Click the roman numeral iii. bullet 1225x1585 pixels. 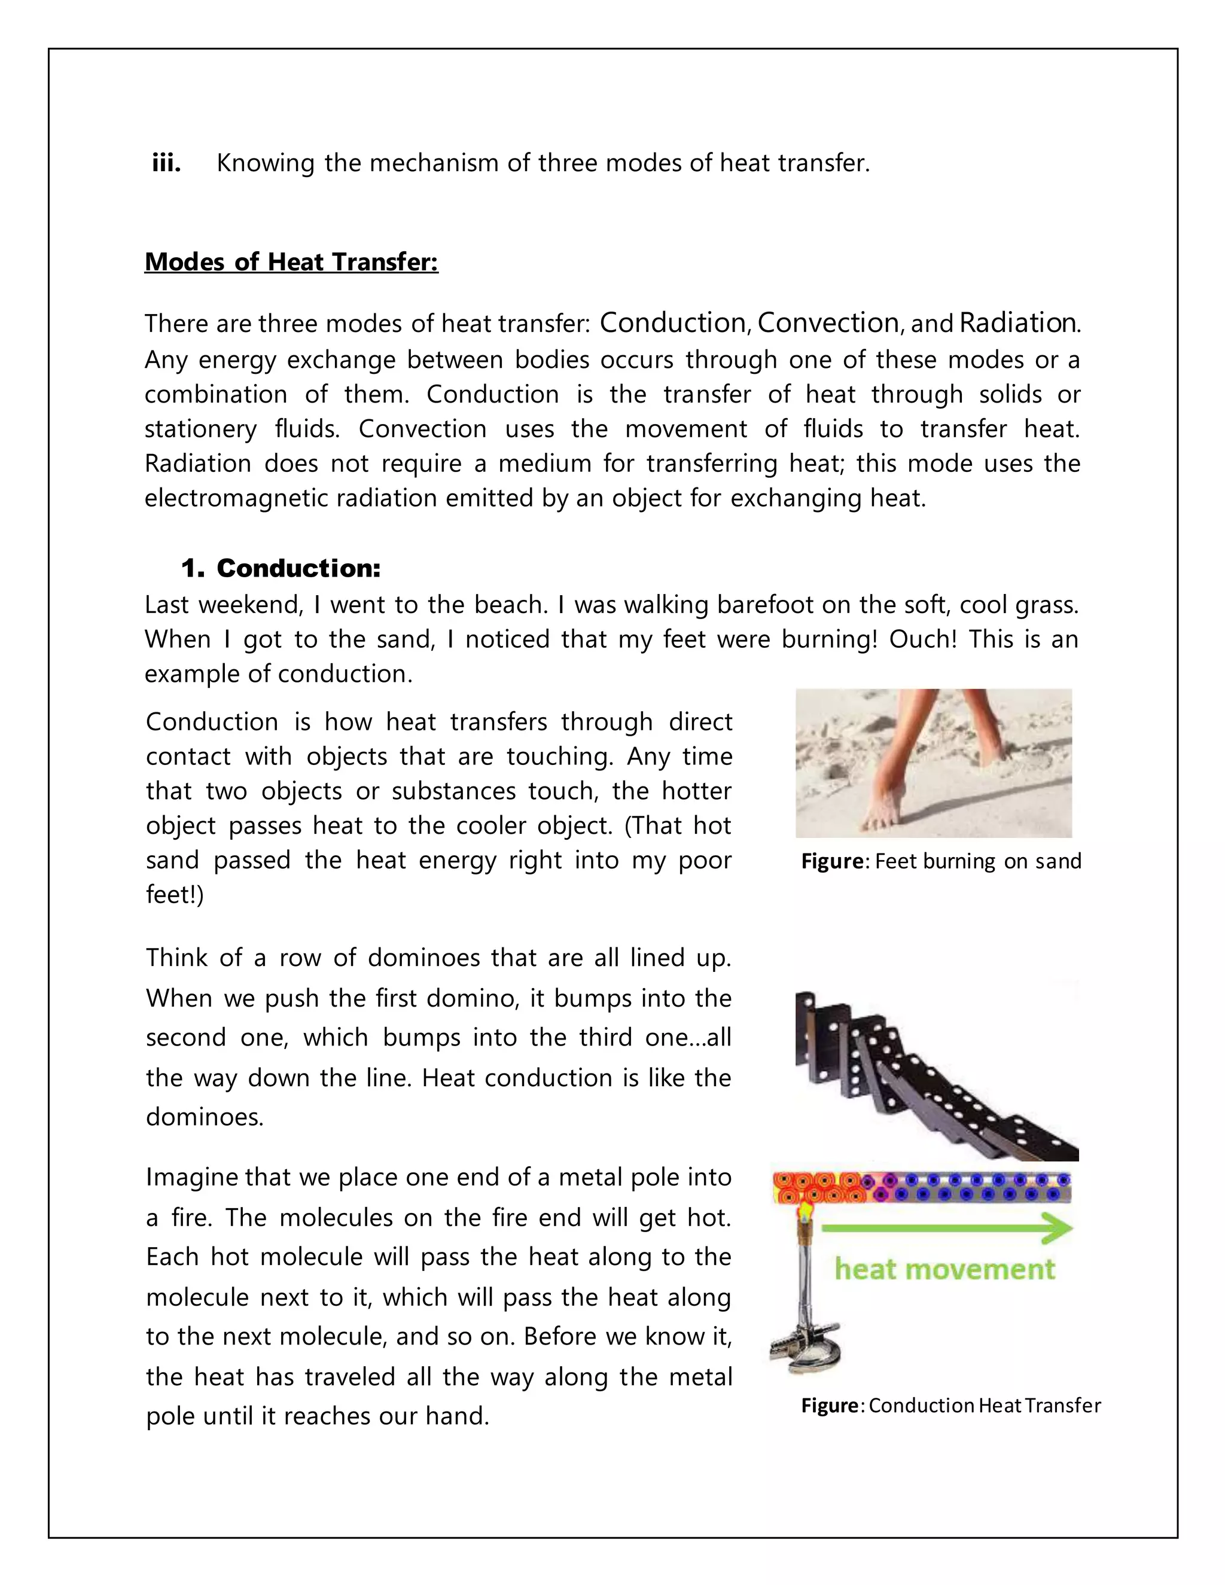coord(166,163)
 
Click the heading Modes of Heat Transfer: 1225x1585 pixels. coord(291,261)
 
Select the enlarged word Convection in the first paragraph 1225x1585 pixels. coord(827,323)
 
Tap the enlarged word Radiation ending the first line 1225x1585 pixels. coord(1017,323)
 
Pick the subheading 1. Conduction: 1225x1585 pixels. coord(281,568)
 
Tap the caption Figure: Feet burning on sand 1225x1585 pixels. coord(940,861)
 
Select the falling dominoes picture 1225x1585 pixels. coord(936,1074)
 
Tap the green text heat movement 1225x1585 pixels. coord(944,1269)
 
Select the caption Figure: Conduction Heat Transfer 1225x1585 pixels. coord(950,1406)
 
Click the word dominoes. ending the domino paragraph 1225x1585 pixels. coord(204,1117)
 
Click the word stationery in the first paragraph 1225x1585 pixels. coord(200,429)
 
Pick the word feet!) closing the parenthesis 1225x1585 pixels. coord(174,895)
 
